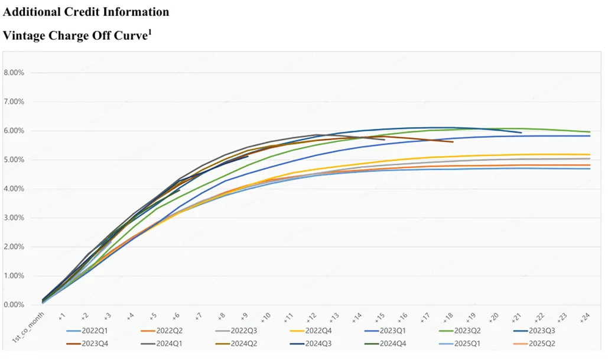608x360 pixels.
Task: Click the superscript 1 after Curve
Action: (149, 32)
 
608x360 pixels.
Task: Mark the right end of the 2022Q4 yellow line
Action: (590, 155)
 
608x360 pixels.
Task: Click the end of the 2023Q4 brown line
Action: (453, 142)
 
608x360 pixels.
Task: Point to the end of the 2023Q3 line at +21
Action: (521, 133)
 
